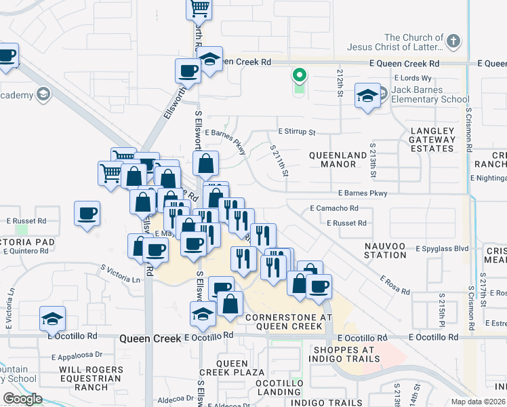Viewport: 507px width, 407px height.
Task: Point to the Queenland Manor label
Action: [338, 159]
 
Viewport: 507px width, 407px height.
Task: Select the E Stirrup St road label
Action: [297, 131]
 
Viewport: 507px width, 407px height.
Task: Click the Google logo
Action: [22, 399]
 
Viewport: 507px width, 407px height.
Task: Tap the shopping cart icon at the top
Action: [199, 8]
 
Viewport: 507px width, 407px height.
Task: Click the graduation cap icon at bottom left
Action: [52, 318]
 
